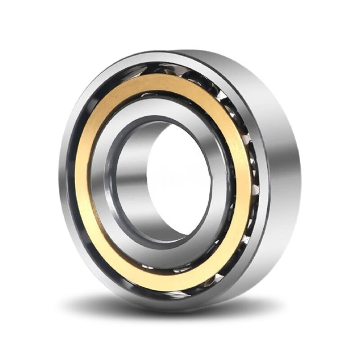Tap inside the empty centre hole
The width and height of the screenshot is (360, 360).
click(x=180, y=180)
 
